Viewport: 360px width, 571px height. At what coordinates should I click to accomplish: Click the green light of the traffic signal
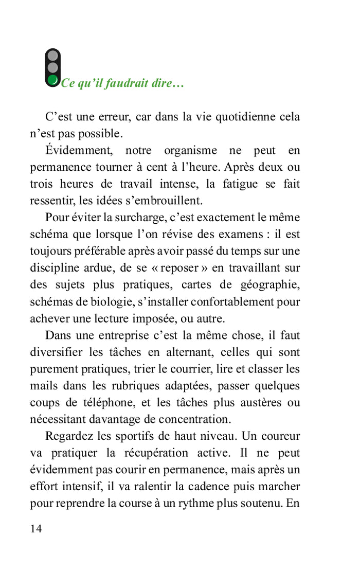coord(53,80)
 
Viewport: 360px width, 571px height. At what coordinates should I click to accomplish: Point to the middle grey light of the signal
coord(53,67)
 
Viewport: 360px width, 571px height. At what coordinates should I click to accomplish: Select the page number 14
coord(36,528)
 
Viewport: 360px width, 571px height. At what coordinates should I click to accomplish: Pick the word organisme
coord(190,151)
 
